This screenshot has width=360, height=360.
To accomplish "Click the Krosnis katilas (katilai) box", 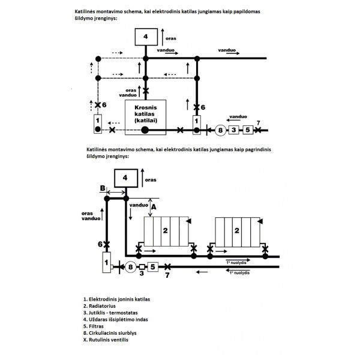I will [145, 115].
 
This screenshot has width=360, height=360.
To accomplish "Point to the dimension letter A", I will [153, 206].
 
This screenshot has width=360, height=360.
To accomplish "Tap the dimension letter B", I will [102, 188].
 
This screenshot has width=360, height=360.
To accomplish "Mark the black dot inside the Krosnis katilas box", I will [145, 130].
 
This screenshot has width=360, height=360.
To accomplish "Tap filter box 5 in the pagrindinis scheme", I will [152, 267].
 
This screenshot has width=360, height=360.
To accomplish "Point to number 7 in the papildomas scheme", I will [258, 124].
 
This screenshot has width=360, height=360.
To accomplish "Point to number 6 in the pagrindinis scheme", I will [100, 244].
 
